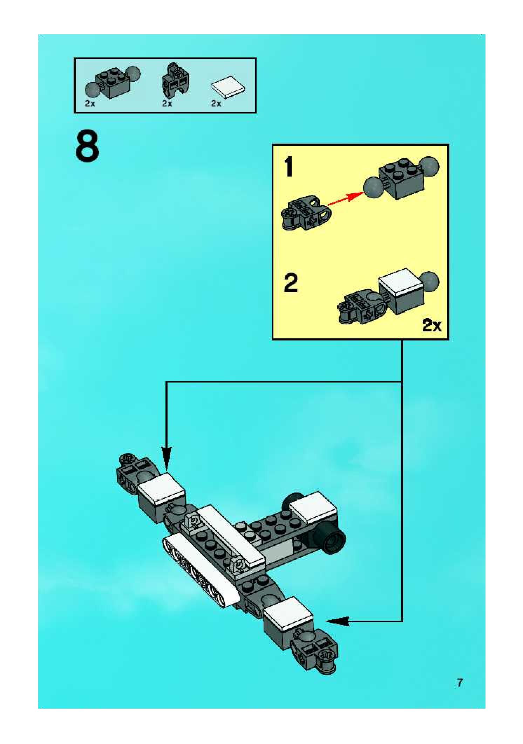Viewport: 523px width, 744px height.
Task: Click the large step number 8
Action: (87, 146)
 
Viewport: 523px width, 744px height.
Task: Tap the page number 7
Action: (460, 682)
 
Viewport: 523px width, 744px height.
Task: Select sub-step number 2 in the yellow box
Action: (291, 283)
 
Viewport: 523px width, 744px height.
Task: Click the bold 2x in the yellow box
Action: (432, 326)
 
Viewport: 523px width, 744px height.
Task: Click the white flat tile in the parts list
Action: (228, 87)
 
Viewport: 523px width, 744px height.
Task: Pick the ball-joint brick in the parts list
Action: (113, 82)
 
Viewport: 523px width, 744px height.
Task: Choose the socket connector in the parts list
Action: (176, 81)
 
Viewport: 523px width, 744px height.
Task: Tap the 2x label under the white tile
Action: (216, 104)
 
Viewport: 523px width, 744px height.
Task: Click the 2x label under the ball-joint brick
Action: (90, 104)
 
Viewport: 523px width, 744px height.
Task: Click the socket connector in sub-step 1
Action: (306, 213)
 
